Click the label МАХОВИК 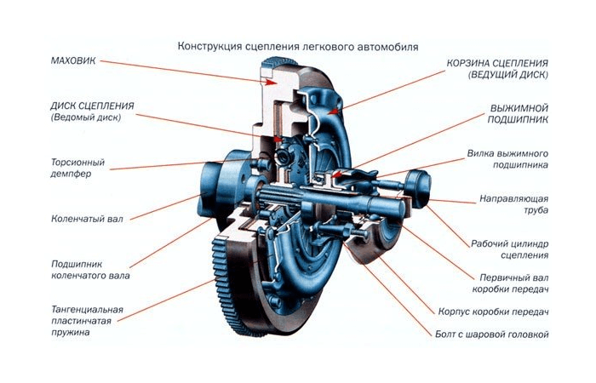tap(75, 61)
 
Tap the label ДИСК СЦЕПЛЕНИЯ tap(94, 106)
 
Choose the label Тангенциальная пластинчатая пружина tap(87, 320)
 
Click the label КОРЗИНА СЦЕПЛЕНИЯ tap(498, 64)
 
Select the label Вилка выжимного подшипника tap(507, 159)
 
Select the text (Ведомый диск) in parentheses tap(85, 117)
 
